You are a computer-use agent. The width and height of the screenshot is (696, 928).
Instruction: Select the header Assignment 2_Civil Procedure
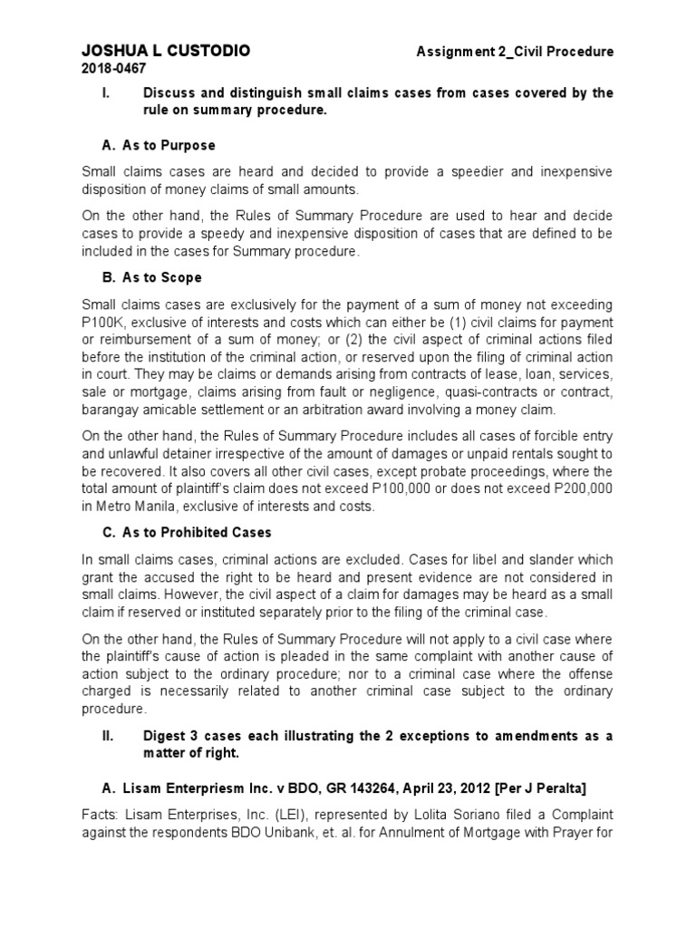pyautogui.click(x=515, y=52)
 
